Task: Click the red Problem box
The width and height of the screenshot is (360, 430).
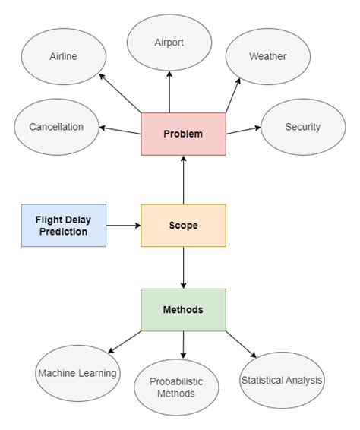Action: click(x=183, y=134)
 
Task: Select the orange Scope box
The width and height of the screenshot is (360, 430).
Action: click(x=183, y=226)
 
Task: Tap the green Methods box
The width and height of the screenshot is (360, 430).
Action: click(x=183, y=310)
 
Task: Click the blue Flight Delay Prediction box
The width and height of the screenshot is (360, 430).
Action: click(x=64, y=226)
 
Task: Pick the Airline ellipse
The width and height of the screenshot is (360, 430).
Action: click(x=64, y=57)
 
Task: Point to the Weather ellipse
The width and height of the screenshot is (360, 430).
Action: click(x=267, y=57)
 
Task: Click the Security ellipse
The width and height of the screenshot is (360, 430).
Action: click(x=302, y=127)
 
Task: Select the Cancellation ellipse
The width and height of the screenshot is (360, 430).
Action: click(x=56, y=127)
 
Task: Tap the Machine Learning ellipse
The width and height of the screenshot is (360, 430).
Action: click(x=77, y=373)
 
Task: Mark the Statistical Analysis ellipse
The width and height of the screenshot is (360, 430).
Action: click(x=281, y=380)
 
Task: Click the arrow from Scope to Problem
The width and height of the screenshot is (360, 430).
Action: click(x=183, y=180)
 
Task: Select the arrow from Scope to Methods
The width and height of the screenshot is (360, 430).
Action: click(x=183, y=267)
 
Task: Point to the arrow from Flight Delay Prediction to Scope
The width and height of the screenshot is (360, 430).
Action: click(x=123, y=226)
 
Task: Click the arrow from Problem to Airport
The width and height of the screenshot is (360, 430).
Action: click(x=169, y=93)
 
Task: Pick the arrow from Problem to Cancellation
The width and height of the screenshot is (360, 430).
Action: click(x=120, y=131)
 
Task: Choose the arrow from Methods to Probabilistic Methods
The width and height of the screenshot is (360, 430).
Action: click(x=183, y=345)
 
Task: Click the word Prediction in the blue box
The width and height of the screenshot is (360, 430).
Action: click(x=64, y=232)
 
